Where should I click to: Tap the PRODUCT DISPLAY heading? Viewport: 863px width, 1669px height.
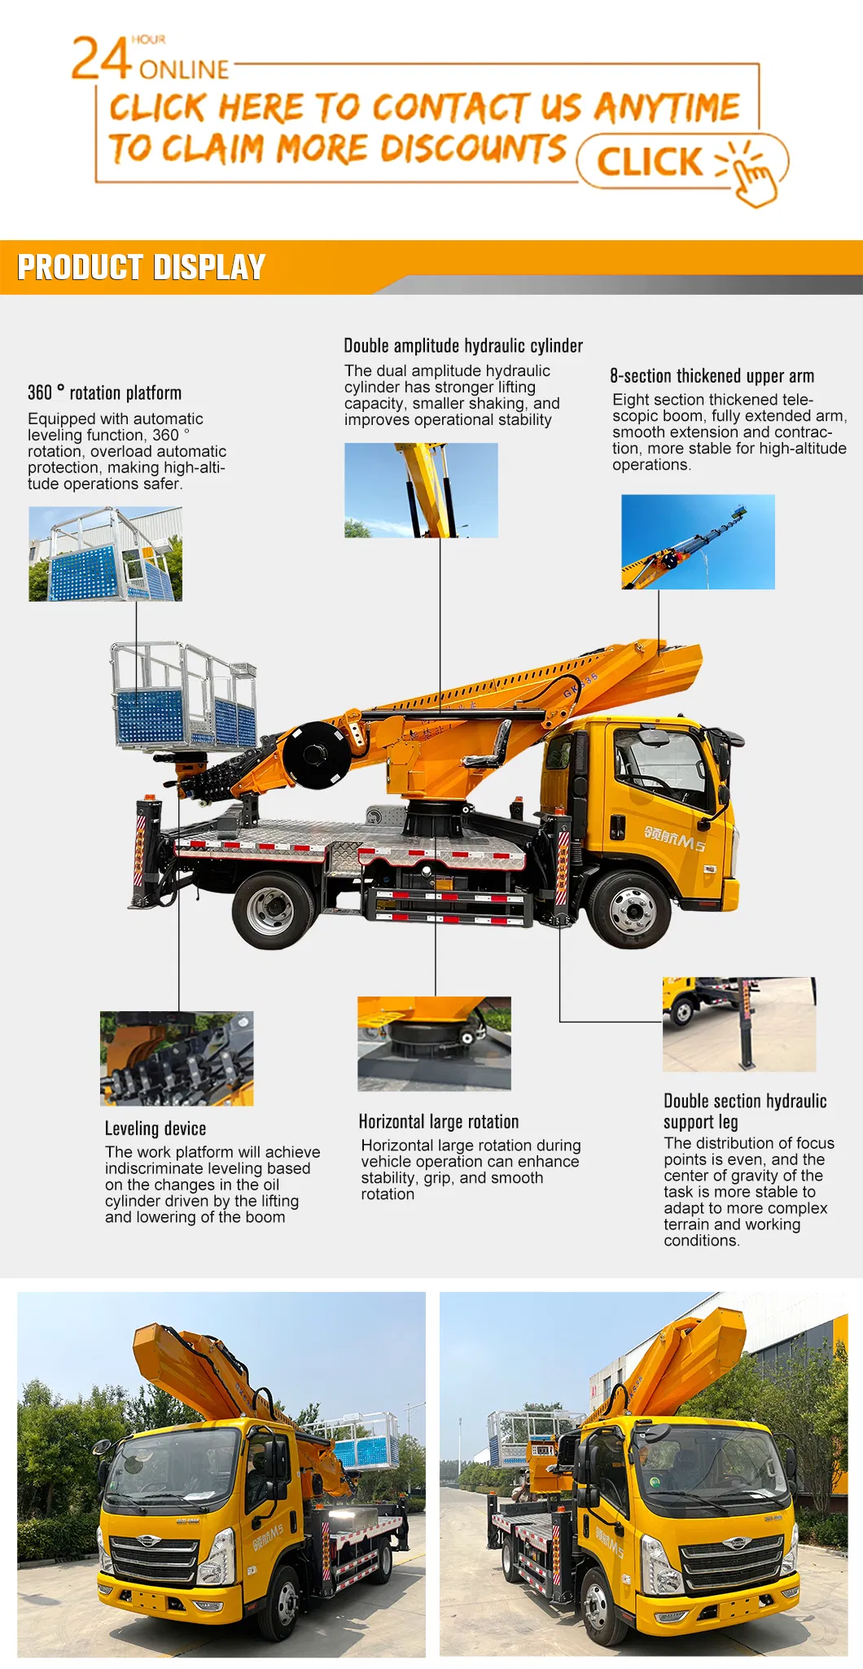click(x=142, y=268)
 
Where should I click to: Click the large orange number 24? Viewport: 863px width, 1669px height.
click(x=101, y=59)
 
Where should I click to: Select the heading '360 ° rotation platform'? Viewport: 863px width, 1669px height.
click(x=104, y=393)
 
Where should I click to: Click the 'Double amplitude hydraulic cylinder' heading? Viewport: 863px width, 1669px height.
click(x=463, y=346)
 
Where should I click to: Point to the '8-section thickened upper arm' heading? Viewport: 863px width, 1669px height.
click(x=712, y=376)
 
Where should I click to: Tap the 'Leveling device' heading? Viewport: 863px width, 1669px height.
click(x=156, y=1128)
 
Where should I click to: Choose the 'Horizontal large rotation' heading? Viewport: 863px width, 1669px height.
click(x=438, y=1122)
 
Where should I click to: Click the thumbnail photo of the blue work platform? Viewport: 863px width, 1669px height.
click(x=105, y=554)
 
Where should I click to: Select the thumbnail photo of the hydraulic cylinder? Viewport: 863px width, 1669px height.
click(x=421, y=490)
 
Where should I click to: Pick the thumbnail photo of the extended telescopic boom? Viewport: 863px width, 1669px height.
click(x=698, y=541)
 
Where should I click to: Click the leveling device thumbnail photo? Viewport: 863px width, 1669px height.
click(x=177, y=1058)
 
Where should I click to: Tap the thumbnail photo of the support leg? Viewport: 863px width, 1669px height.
click(x=738, y=1024)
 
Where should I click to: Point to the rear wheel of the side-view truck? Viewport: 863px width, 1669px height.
click(x=271, y=909)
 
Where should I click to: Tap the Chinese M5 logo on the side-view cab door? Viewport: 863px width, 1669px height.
click(x=674, y=839)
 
